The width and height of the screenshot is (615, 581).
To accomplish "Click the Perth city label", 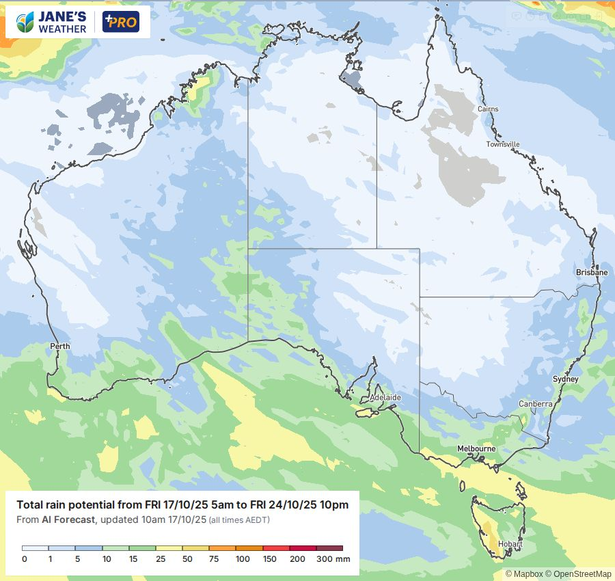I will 60,347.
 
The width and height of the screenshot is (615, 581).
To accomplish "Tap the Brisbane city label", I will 591,272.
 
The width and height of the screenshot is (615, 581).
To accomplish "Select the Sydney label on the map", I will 566,379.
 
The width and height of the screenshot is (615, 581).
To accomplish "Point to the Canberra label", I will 535,404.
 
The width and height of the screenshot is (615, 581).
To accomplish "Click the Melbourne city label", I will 476,448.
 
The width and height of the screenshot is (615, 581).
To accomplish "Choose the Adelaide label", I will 385,397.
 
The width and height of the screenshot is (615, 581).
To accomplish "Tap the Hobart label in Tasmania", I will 510,544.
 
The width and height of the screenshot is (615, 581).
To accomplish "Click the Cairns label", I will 488,109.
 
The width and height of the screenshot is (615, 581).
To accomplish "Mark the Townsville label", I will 503,144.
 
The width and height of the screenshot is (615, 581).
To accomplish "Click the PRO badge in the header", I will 120,22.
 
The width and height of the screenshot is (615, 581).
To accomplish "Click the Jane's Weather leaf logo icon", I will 26,22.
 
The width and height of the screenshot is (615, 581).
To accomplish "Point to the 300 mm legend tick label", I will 333,559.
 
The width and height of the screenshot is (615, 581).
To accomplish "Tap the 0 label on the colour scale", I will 25,559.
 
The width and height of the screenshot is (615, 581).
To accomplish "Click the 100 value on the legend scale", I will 243,559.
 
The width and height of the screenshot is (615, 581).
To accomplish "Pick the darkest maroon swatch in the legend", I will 329,548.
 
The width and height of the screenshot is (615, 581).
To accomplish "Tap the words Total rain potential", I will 59,505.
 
